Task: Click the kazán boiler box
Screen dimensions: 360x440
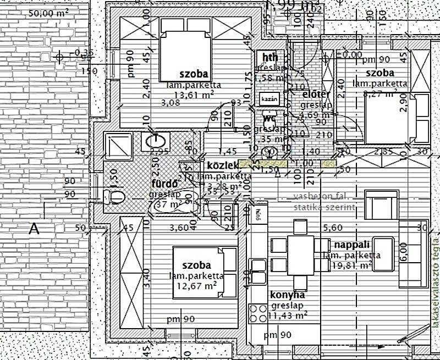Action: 269,99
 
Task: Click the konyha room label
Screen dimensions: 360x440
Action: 288,295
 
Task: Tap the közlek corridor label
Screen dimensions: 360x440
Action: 222,165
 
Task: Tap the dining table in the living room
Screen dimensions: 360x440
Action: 300,245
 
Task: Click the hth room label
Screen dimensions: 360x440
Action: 270,58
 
